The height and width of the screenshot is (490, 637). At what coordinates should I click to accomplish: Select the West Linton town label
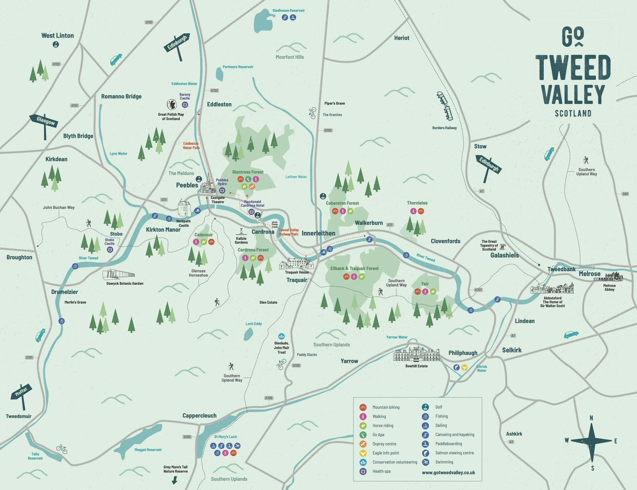[58, 36]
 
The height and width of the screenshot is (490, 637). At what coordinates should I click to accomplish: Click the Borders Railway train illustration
[445, 106]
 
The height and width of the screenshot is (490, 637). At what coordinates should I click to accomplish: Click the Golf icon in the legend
[425, 407]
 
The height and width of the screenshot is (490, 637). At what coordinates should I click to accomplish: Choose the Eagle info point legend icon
[363, 453]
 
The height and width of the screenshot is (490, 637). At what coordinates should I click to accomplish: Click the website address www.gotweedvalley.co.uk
[448, 472]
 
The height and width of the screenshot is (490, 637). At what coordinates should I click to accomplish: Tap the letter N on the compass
[591, 418]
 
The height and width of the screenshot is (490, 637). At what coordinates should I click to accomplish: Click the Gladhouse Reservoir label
[288, 10]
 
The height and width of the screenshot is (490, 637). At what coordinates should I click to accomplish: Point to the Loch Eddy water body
[248, 334]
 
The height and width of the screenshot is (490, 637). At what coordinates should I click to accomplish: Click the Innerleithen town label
[318, 233]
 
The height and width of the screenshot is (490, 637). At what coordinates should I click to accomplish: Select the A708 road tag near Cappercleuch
[269, 398]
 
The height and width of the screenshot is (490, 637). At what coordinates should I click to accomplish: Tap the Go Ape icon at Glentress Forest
[248, 179]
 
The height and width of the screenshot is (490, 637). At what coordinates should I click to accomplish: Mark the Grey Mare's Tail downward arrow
[175, 480]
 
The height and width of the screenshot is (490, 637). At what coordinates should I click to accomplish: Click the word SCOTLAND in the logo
[573, 113]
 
